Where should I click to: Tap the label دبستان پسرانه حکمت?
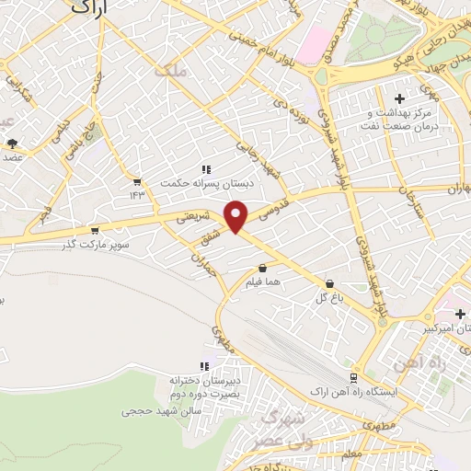tap(206, 182)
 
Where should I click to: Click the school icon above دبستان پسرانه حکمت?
tap(206, 169)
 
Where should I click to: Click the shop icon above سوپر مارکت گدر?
tap(94, 231)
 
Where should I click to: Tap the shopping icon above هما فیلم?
tap(263, 268)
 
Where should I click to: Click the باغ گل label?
tap(329, 297)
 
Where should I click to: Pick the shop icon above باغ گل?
tap(329, 284)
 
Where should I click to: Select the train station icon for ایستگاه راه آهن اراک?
tap(354, 377)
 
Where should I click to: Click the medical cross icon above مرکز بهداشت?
tap(398, 98)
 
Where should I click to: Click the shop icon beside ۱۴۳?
tap(137, 181)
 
